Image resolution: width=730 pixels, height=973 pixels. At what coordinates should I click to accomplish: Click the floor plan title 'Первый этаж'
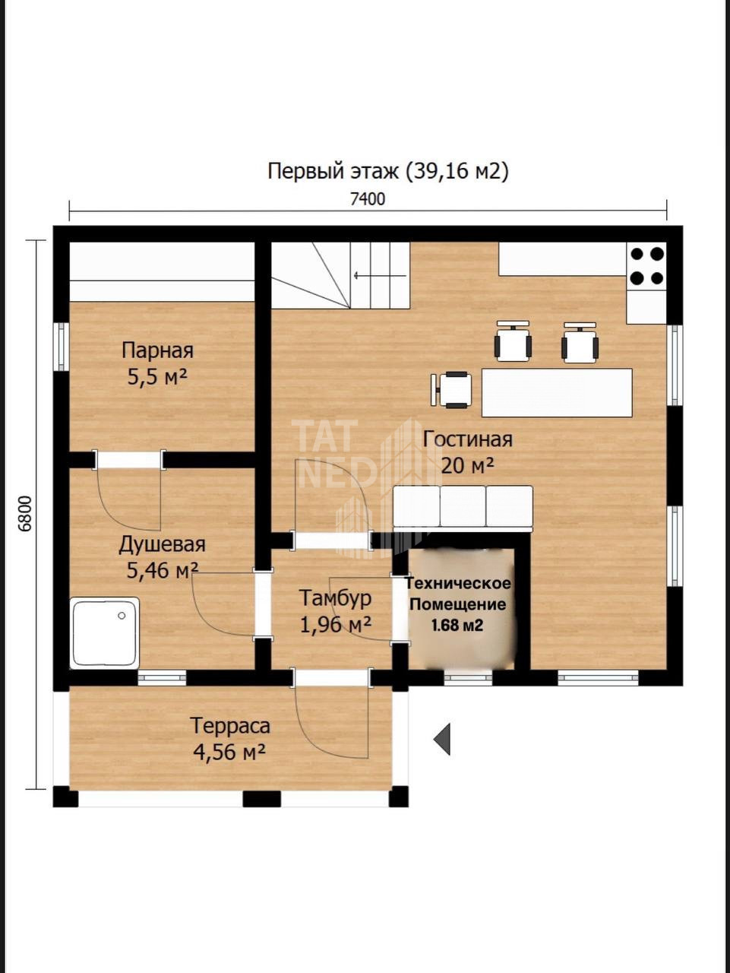pyautogui.click(x=333, y=171)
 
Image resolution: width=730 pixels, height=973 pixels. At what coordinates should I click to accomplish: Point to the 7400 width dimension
pyautogui.click(x=368, y=199)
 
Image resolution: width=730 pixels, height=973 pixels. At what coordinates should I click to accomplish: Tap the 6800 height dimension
pyautogui.click(x=27, y=513)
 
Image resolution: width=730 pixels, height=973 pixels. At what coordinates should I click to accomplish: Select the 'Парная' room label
pyautogui.click(x=158, y=350)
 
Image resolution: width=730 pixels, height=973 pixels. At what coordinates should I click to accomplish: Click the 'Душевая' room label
pyautogui.click(x=162, y=545)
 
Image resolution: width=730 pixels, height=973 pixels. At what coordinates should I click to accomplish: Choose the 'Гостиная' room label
pyautogui.click(x=468, y=439)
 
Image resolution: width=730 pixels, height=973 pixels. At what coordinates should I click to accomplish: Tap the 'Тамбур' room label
pyautogui.click(x=335, y=598)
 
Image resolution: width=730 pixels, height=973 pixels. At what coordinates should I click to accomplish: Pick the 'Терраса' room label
pyautogui.click(x=230, y=726)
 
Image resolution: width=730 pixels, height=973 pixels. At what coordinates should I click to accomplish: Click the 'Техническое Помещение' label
pyautogui.click(x=458, y=594)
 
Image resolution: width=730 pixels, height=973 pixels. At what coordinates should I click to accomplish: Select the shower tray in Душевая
pyautogui.click(x=105, y=632)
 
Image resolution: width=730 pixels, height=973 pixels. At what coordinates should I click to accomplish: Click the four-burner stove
pyautogui.click(x=646, y=266)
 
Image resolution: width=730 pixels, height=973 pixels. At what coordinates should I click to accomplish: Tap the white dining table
pyautogui.click(x=557, y=393)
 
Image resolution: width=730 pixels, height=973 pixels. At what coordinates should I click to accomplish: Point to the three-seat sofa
pyautogui.click(x=463, y=507)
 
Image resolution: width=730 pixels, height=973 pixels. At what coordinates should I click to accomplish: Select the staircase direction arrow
pyautogui.click(x=380, y=276)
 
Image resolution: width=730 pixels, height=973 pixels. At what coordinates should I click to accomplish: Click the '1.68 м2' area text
pyautogui.click(x=457, y=625)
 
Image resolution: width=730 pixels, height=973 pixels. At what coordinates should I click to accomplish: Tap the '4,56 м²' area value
pyautogui.click(x=229, y=752)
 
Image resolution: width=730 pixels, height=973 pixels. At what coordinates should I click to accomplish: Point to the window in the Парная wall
pyautogui.click(x=62, y=346)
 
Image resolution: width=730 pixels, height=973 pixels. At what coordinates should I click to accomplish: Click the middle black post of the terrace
pyautogui.click(x=261, y=799)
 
